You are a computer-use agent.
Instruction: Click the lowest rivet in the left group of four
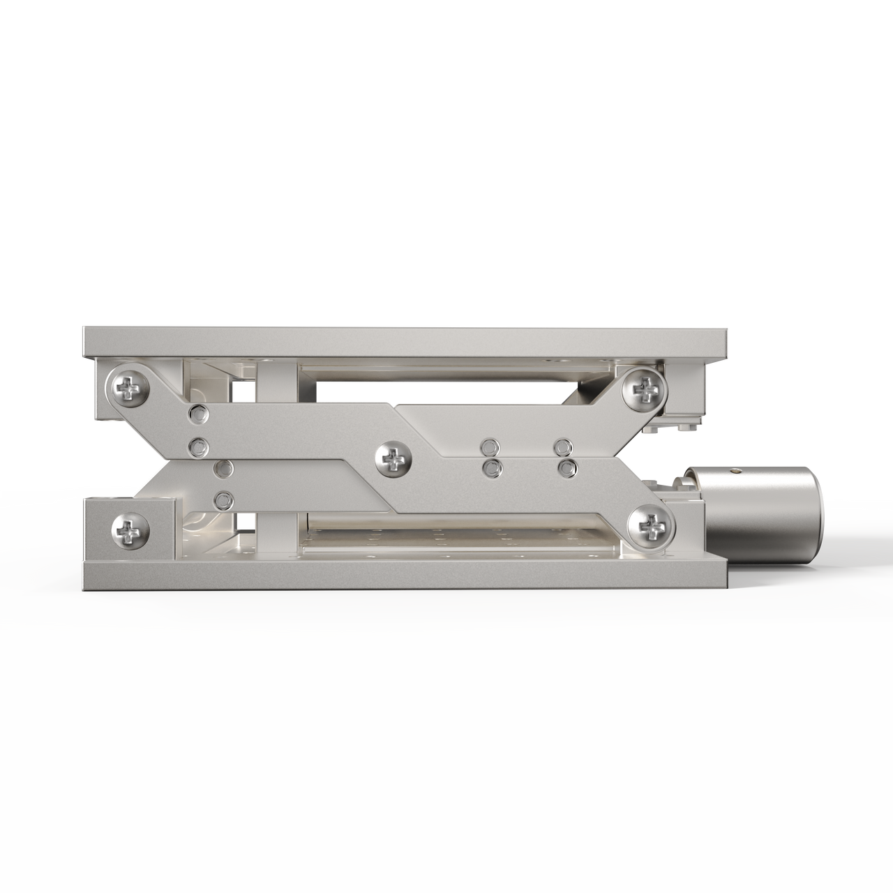223,499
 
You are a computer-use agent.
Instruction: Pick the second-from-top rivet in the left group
197,444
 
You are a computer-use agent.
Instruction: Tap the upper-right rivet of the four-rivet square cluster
562,445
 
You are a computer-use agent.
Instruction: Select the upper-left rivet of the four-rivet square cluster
492,445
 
